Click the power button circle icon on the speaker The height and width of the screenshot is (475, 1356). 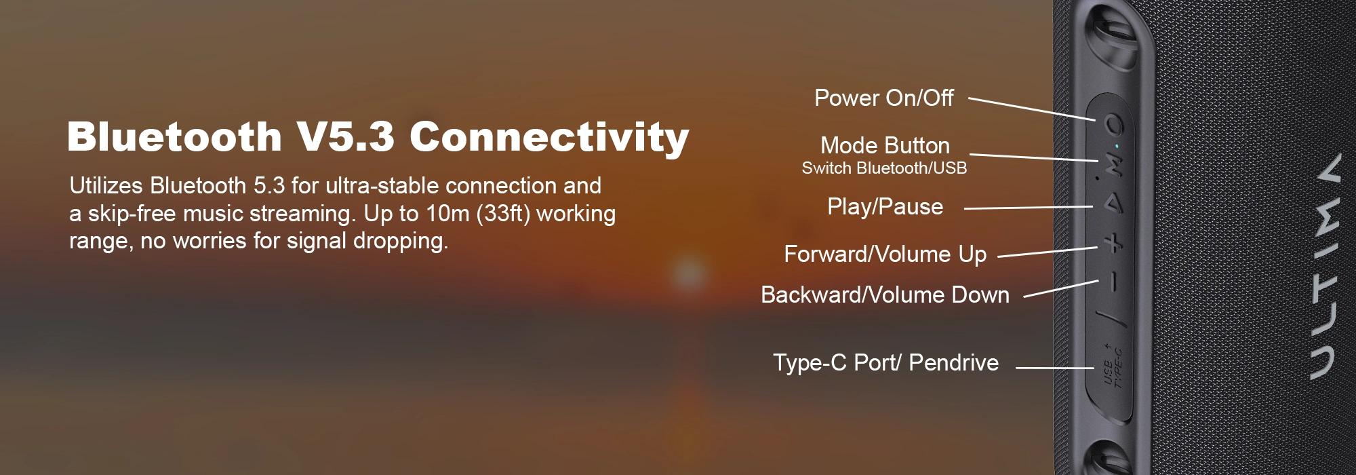click(1115, 125)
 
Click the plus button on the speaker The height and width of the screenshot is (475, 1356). click(1114, 244)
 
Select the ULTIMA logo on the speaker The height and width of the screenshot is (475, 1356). click(1323, 266)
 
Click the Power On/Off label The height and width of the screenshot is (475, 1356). click(884, 98)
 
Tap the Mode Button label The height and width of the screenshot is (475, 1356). click(885, 145)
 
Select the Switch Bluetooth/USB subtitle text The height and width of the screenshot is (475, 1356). click(884, 168)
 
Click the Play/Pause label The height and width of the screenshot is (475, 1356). click(885, 206)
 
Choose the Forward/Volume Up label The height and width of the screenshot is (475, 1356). click(885, 254)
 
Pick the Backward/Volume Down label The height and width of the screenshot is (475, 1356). click(885, 294)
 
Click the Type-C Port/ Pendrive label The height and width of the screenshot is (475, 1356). click(885, 362)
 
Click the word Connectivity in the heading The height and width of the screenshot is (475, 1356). click(549, 136)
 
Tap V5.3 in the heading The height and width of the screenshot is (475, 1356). click(345, 136)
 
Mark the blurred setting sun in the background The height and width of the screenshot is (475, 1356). click(688, 273)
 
